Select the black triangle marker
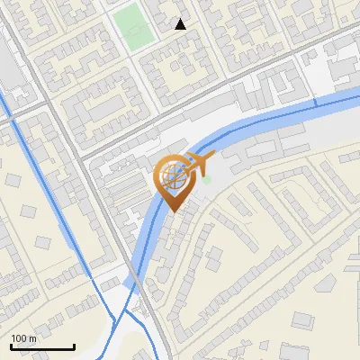click(x=181, y=24)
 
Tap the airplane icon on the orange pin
click(x=197, y=163)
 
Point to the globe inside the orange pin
click(x=174, y=176)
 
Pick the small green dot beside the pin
click(x=206, y=180)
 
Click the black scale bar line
click(x=42, y=346)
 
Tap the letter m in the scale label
click(x=32, y=338)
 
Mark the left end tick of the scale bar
click(x=11, y=345)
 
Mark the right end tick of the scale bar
click(x=74, y=345)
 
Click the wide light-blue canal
click(x=270, y=112)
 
